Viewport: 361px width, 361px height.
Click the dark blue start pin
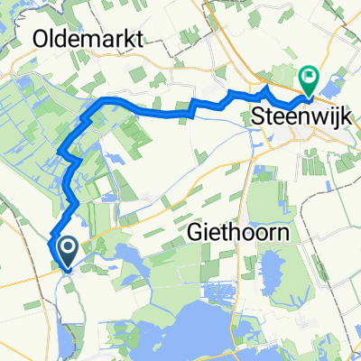click(x=67, y=251)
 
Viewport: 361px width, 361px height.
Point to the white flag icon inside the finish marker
click(x=309, y=78)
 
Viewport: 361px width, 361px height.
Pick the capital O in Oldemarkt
click(x=42, y=39)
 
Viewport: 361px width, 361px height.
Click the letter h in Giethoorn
click(x=231, y=233)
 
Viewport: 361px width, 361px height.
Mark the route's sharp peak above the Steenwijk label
click(x=264, y=90)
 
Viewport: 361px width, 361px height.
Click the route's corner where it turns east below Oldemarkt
click(x=102, y=99)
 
